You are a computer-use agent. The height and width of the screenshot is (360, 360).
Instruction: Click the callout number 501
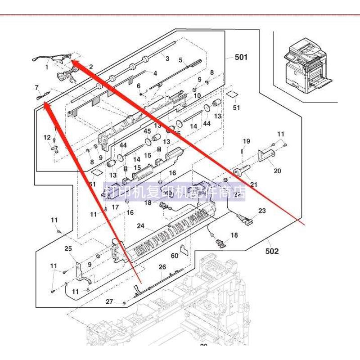(241, 57)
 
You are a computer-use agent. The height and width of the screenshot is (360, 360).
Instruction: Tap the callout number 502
(272, 251)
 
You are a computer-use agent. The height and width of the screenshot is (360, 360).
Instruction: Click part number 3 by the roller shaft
(167, 58)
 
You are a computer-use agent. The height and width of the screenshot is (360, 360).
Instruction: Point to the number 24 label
(140, 226)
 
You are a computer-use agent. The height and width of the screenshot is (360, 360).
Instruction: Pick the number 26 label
(162, 267)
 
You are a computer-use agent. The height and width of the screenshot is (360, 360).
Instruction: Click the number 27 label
(109, 301)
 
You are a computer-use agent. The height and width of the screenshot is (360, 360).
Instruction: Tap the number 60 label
(175, 256)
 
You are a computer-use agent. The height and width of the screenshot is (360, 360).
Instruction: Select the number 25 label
(68, 248)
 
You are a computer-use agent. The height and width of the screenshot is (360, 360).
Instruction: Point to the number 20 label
(277, 171)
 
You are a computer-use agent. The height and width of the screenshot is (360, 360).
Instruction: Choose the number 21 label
(254, 184)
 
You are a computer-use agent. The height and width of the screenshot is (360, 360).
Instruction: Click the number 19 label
(246, 141)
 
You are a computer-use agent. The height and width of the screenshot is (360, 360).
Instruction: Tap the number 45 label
(147, 131)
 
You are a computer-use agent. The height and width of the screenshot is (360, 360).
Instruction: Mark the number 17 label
(115, 207)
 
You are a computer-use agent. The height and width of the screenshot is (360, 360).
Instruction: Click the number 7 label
(37, 87)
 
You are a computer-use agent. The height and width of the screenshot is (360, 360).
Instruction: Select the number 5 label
(180, 60)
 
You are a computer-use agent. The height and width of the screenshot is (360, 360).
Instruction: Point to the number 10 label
(197, 95)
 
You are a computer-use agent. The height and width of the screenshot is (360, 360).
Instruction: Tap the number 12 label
(47, 137)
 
